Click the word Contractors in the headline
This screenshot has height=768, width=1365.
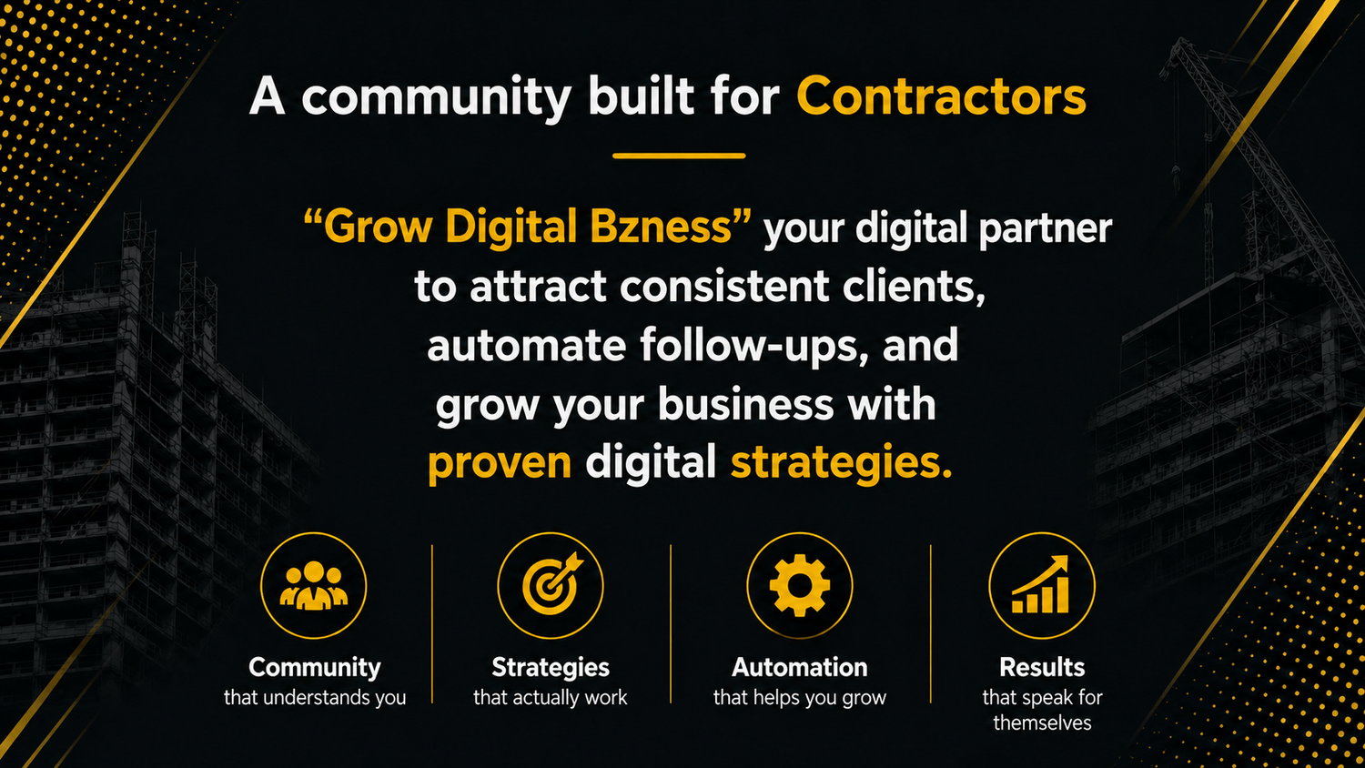(942, 96)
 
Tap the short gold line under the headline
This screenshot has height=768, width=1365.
(679, 156)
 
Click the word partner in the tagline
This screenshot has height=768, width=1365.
(1045, 228)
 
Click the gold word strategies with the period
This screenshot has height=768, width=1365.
(841, 463)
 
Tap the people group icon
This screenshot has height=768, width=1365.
(314, 585)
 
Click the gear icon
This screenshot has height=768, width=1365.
(800, 585)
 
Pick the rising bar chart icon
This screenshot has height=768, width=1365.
(1041, 584)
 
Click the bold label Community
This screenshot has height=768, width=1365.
(315, 667)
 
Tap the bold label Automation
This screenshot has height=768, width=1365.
(800, 667)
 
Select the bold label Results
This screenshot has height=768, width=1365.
(1042, 667)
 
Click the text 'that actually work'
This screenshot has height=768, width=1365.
(551, 697)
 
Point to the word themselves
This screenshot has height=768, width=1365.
(1042, 723)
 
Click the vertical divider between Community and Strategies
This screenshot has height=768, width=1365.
(432, 624)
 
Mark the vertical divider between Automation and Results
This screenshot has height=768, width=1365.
(931, 624)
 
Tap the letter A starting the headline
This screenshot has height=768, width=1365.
(267, 96)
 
